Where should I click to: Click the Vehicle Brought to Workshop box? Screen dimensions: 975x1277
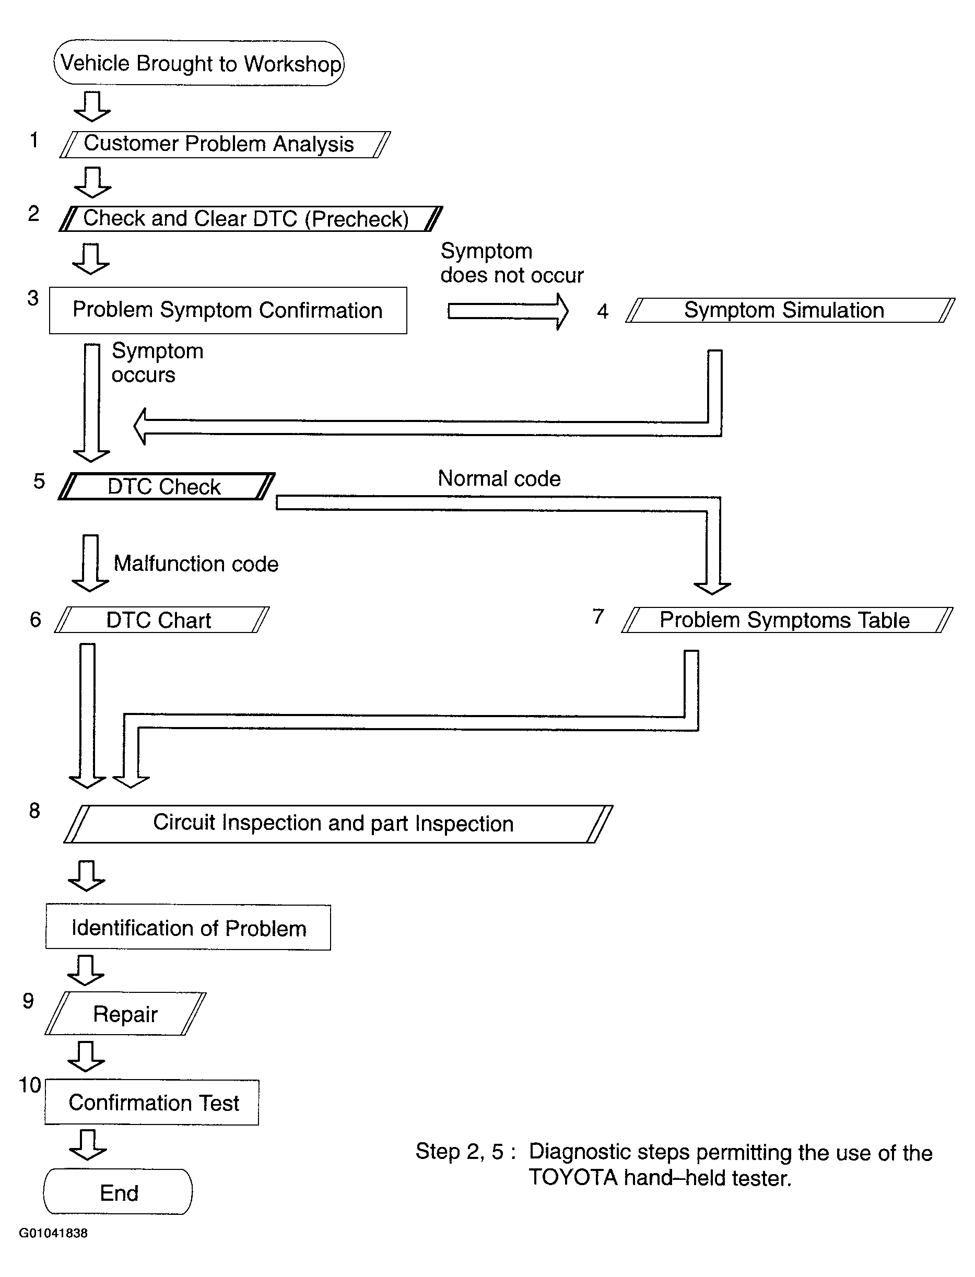(198, 63)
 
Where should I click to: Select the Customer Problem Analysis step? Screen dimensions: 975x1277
(225, 144)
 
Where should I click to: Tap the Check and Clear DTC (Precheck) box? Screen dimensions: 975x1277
(251, 218)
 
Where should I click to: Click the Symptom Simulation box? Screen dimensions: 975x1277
(790, 310)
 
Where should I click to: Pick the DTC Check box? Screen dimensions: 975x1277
(167, 486)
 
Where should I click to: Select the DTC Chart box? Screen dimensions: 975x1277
(162, 620)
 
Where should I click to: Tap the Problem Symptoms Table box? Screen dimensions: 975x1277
(787, 620)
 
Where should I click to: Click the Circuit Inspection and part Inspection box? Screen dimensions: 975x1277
(338, 824)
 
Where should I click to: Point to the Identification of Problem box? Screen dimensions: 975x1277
(188, 928)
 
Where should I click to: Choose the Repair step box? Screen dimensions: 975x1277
(125, 1013)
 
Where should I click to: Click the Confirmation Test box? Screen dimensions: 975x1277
(152, 1102)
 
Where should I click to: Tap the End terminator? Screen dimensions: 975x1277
(118, 1191)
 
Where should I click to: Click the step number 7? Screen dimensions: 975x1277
(598, 616)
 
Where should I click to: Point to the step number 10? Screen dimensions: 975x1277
(30, 1085)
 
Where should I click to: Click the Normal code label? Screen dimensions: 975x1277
(499, 478)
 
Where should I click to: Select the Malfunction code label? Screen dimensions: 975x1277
(196, 564)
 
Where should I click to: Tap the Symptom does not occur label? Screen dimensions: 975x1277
(512, 263)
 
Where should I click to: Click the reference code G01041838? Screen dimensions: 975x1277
(53, 1233)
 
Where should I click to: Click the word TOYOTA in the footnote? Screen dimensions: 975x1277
(573, 1177)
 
